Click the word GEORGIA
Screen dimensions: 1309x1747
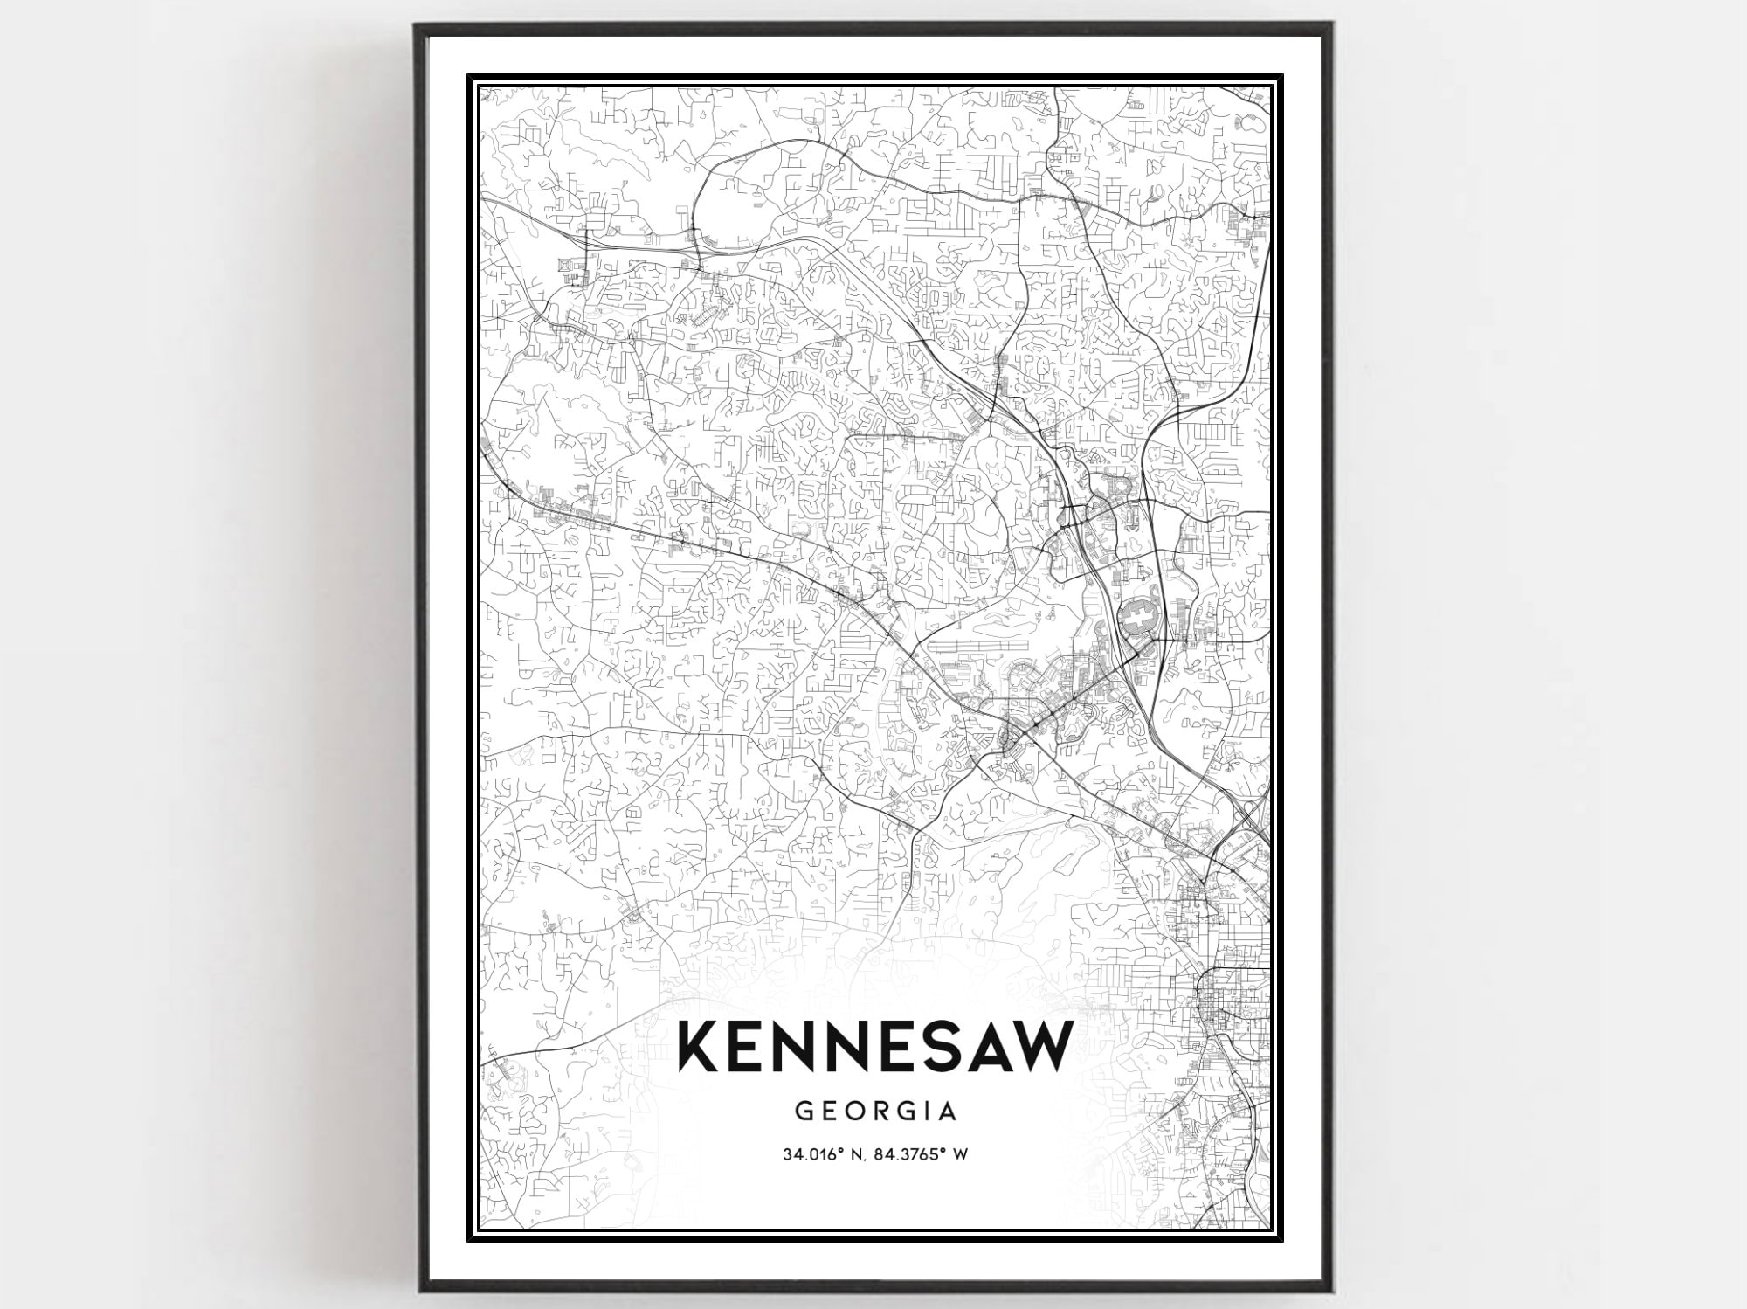tap(875, 1112)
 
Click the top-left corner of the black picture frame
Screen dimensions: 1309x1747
tap(418, 26)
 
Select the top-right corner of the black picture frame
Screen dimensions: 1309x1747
tap(1331, 26)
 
